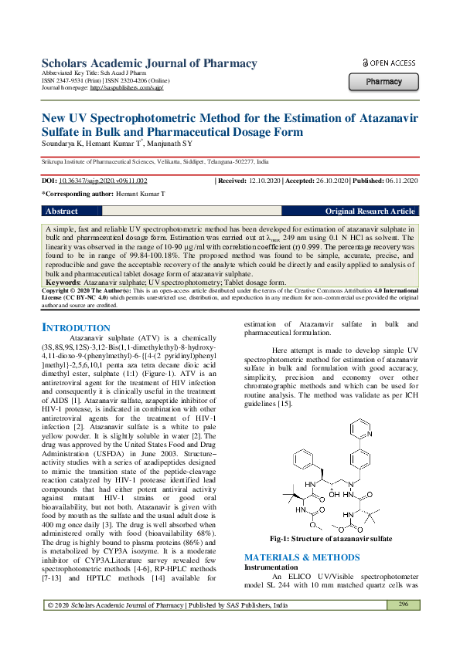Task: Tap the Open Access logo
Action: pos(389,63)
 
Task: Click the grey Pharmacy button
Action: pos(384,81)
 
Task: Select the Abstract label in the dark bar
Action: pos(62,211)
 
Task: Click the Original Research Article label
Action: pos(370,211)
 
